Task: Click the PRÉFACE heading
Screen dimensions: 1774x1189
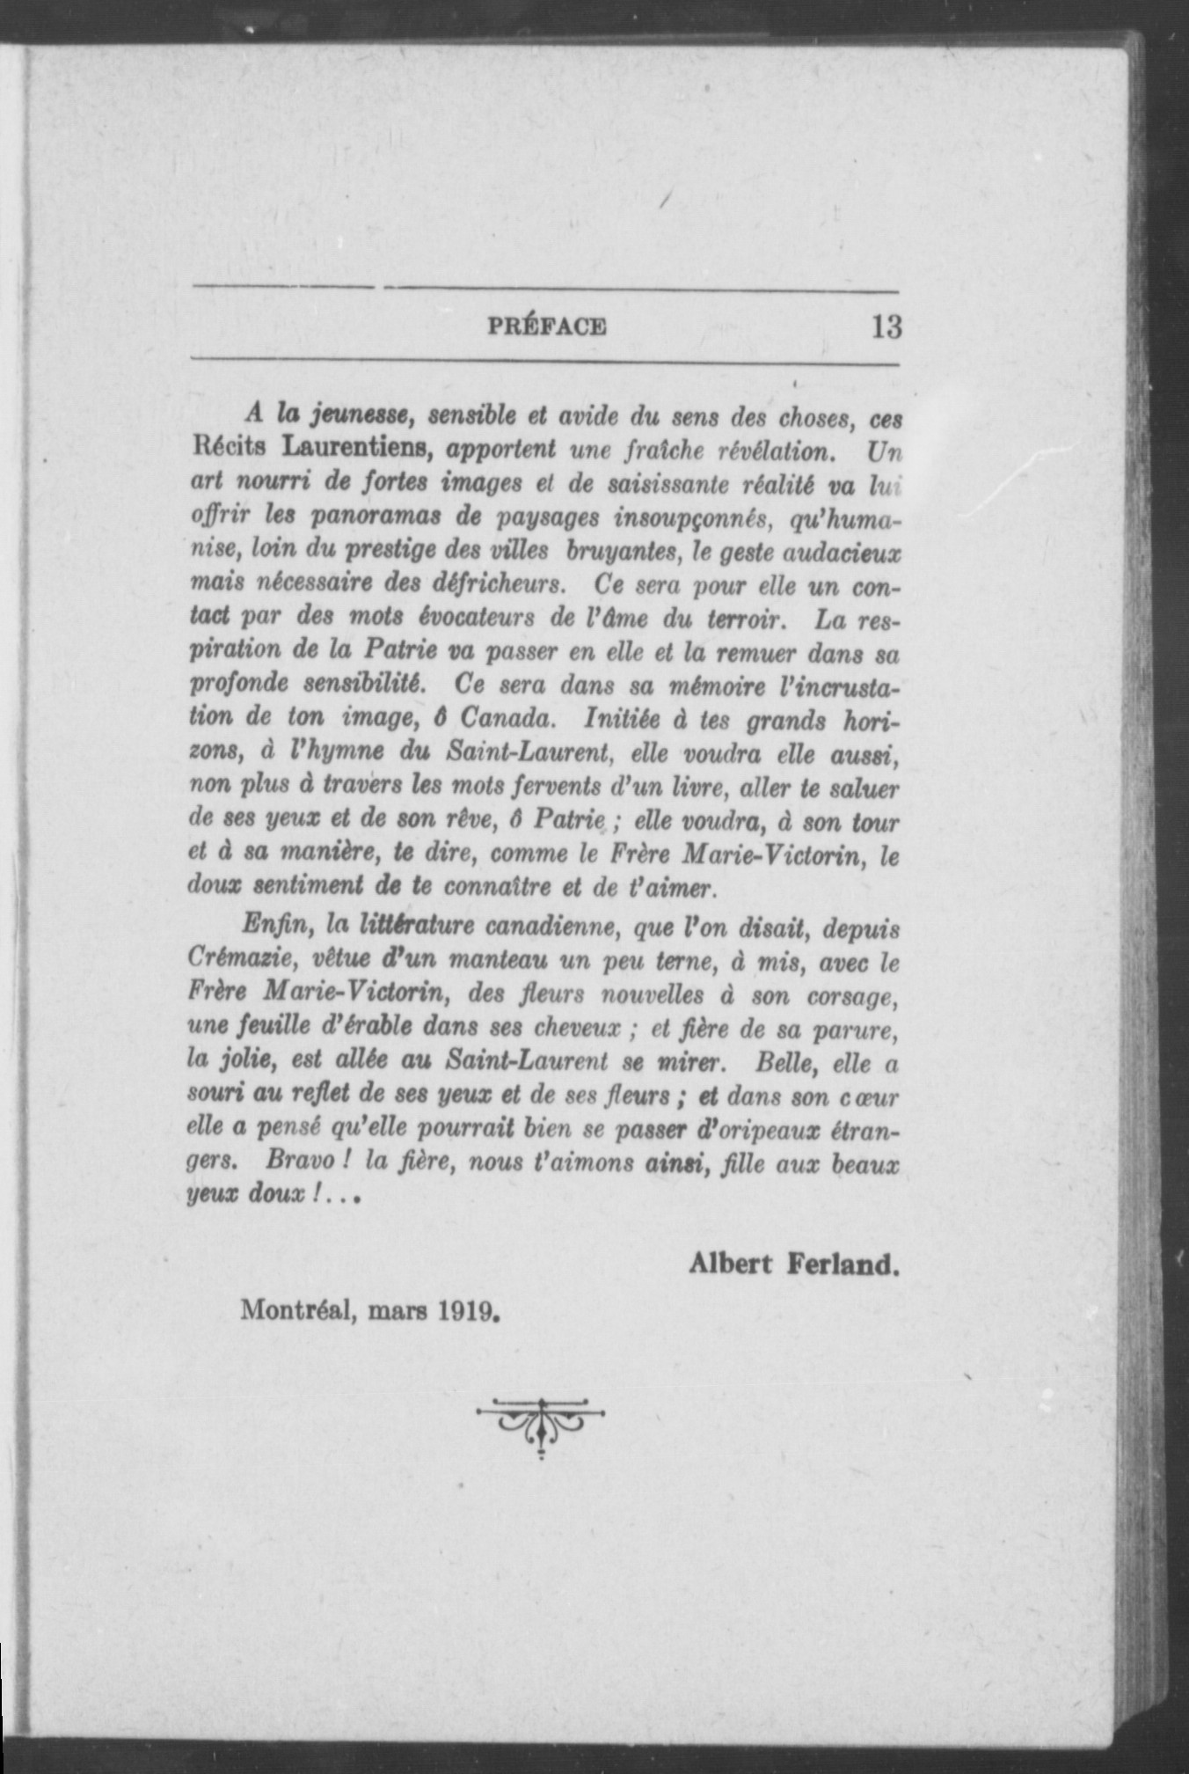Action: click(x=546, y=328)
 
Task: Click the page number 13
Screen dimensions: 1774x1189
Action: click(x=886, y=327)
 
